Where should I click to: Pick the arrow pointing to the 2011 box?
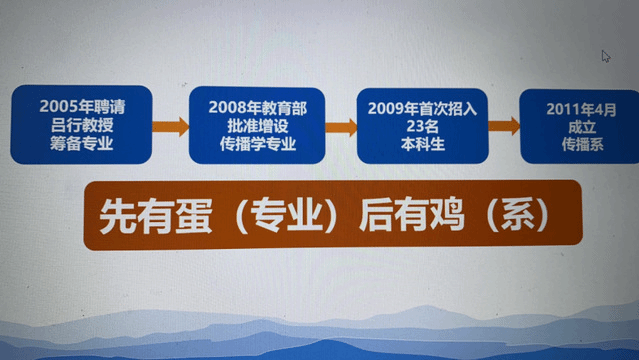pos(504,126)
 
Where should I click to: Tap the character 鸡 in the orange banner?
pos(446,215)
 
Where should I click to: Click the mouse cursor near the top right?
pos(605,56)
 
